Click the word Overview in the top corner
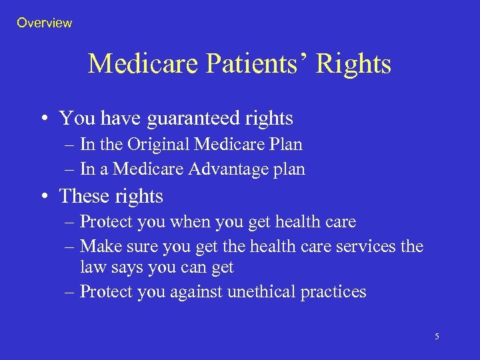pyautogui.click(x=44, y=23)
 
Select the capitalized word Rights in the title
pyautogui.click(x=353, y=64)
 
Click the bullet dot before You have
pyautogui.click(x=42, y=119)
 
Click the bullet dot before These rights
pyautogui.click(x=42, y=197)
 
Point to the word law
pyautogui.click(x=92, y=267)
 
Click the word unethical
pyautogui.click(x=263, y=291)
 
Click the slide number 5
pyautogui.click(x=437, y=337)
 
